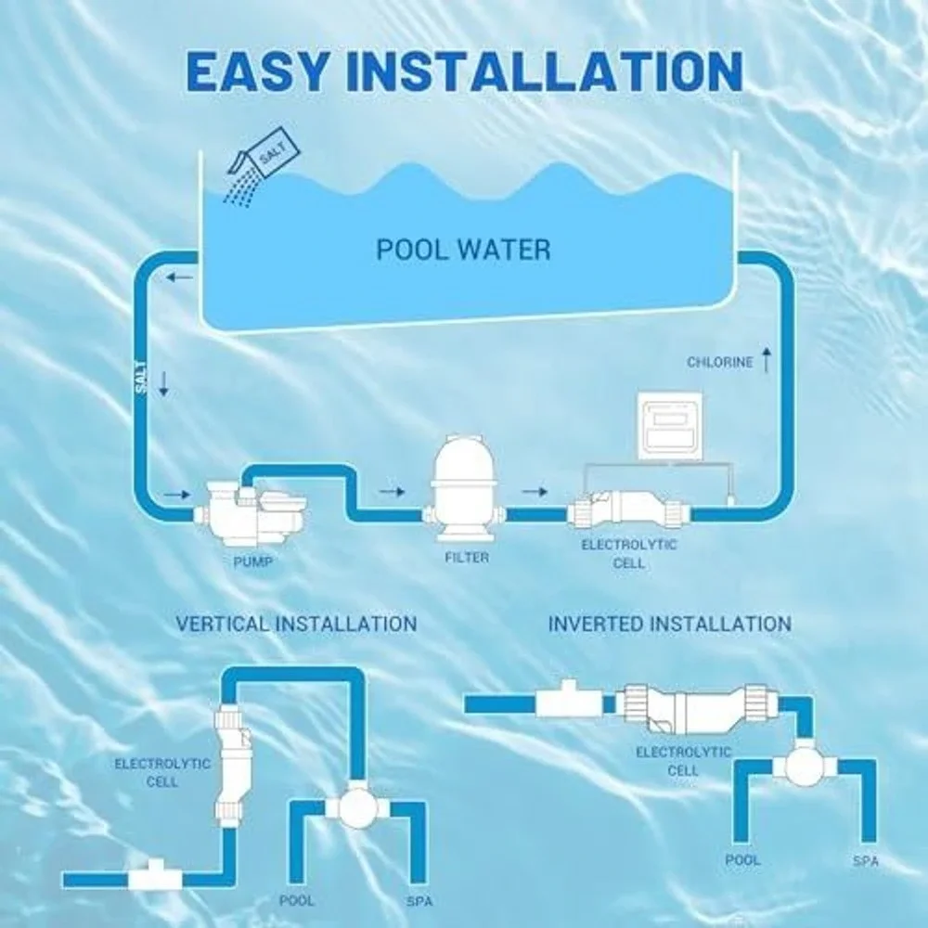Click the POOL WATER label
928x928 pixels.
[463, 250]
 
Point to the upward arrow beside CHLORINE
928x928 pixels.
[767, 360]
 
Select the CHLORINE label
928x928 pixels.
[720, 362]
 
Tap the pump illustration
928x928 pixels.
[252, 512]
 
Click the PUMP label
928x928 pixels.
[252, 561]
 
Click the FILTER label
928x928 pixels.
[467, 557]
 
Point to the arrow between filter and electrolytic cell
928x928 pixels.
[535, 491]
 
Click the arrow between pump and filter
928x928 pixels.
[392, 491]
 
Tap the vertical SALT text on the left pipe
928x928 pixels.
[141, 377]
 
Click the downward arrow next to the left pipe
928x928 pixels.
[164, 384]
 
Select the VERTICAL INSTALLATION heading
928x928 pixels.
[297, 624]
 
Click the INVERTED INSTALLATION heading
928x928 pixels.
[669, 624]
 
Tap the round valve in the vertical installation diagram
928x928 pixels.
[357, 806]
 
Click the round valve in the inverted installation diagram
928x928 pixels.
[805, 765]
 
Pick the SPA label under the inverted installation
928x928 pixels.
[865, 861]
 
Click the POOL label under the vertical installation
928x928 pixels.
[297, 900]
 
